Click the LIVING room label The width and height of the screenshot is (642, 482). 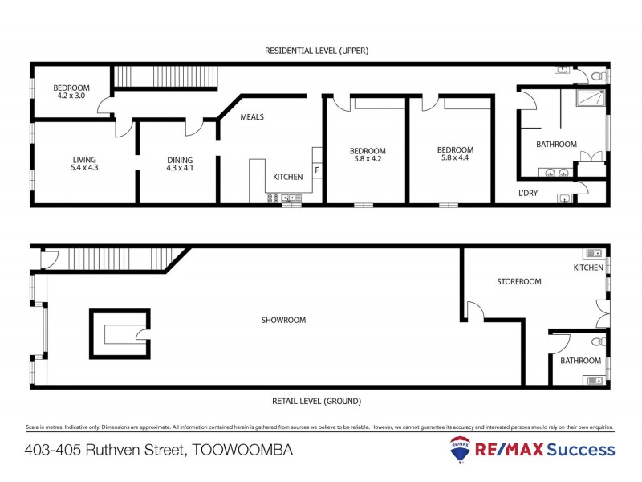click(x=84, y=160)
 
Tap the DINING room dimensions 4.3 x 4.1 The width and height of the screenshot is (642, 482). click(x=180, y=169)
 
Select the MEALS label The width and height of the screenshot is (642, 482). click(x=252, y=117)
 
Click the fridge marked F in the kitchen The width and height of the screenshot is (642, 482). click(x=317, y=170)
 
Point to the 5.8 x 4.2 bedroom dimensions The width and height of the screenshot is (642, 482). click(x=368, y=159)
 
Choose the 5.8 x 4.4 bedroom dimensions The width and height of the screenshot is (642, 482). click(x=455, y=158)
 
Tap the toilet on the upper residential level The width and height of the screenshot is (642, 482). click(x=596, y=76)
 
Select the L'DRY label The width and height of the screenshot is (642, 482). click(x=527, y=194)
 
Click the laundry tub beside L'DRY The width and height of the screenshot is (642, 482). click(x=567, y=198)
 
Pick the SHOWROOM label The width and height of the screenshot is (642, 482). click(x=283, y=320)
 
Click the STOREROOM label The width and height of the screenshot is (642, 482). click(x=518, y=282)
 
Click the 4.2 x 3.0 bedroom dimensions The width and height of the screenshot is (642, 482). click(x=71, y=96)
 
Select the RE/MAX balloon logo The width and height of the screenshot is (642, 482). click(x=461, y=448)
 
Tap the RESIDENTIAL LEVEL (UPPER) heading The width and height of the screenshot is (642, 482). click(x=316, y=51)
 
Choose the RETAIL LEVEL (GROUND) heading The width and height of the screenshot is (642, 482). click(x=315, y=401)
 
